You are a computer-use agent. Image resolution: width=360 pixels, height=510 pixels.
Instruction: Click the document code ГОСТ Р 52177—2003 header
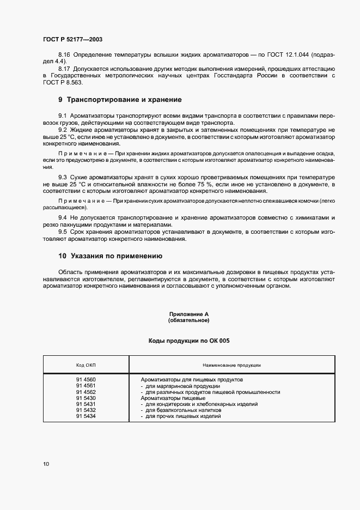[72, 39]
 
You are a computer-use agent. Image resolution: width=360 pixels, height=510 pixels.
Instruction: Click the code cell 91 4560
[86, 380]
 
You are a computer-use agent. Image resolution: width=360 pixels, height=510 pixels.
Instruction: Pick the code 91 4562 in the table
[86, 392]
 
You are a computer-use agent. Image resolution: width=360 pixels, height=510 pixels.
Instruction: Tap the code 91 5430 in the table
[86, 398]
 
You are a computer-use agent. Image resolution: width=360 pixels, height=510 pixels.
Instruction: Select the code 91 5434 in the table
[86, 416]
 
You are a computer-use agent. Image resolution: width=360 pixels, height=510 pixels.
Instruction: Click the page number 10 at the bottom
[46, 464]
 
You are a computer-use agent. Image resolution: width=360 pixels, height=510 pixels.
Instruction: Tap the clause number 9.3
[62, 178]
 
